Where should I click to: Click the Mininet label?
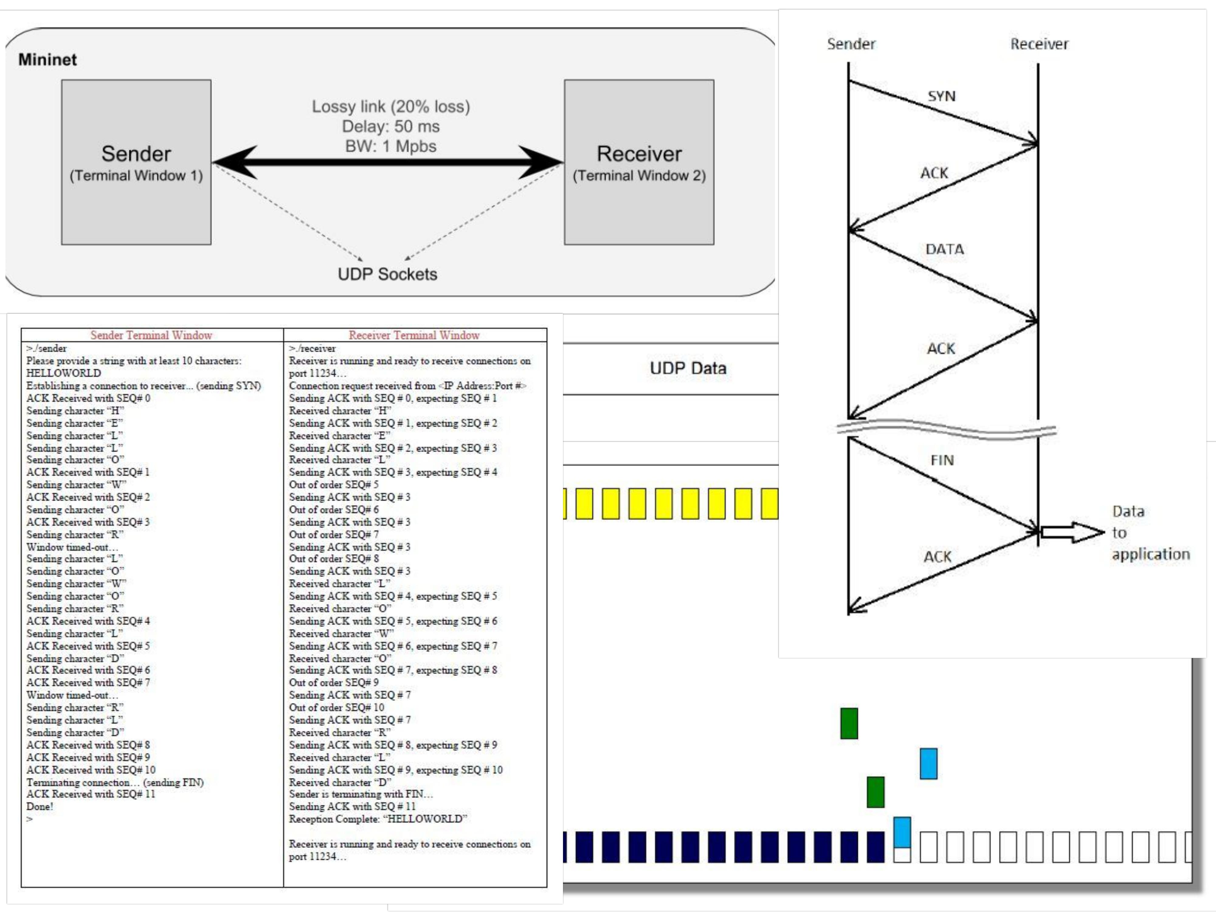click(47, 59)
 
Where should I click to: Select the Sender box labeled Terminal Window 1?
click(136, 162)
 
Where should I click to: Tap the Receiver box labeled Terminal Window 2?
click(639, 162)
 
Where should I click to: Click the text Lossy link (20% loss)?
click(391, 106)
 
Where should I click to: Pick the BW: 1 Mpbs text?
click(391, 146)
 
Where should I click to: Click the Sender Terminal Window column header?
click(151, 335)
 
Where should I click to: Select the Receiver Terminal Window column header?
click(414, 335)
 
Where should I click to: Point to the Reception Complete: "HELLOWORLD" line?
click(378, 819)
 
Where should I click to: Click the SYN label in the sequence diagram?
click(942, 96)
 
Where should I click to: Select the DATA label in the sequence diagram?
click(945, 249)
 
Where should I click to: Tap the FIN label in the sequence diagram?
click(942, 460)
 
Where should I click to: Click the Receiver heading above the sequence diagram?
click(1039, 44)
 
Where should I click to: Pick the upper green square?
click(849, 724)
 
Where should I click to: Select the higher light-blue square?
click(928, 764)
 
